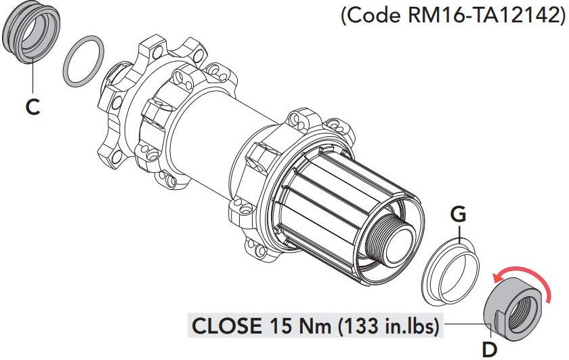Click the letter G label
[x=459, y=215]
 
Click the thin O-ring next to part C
[x=83, y=62]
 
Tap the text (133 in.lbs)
[x=386, y=326]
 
